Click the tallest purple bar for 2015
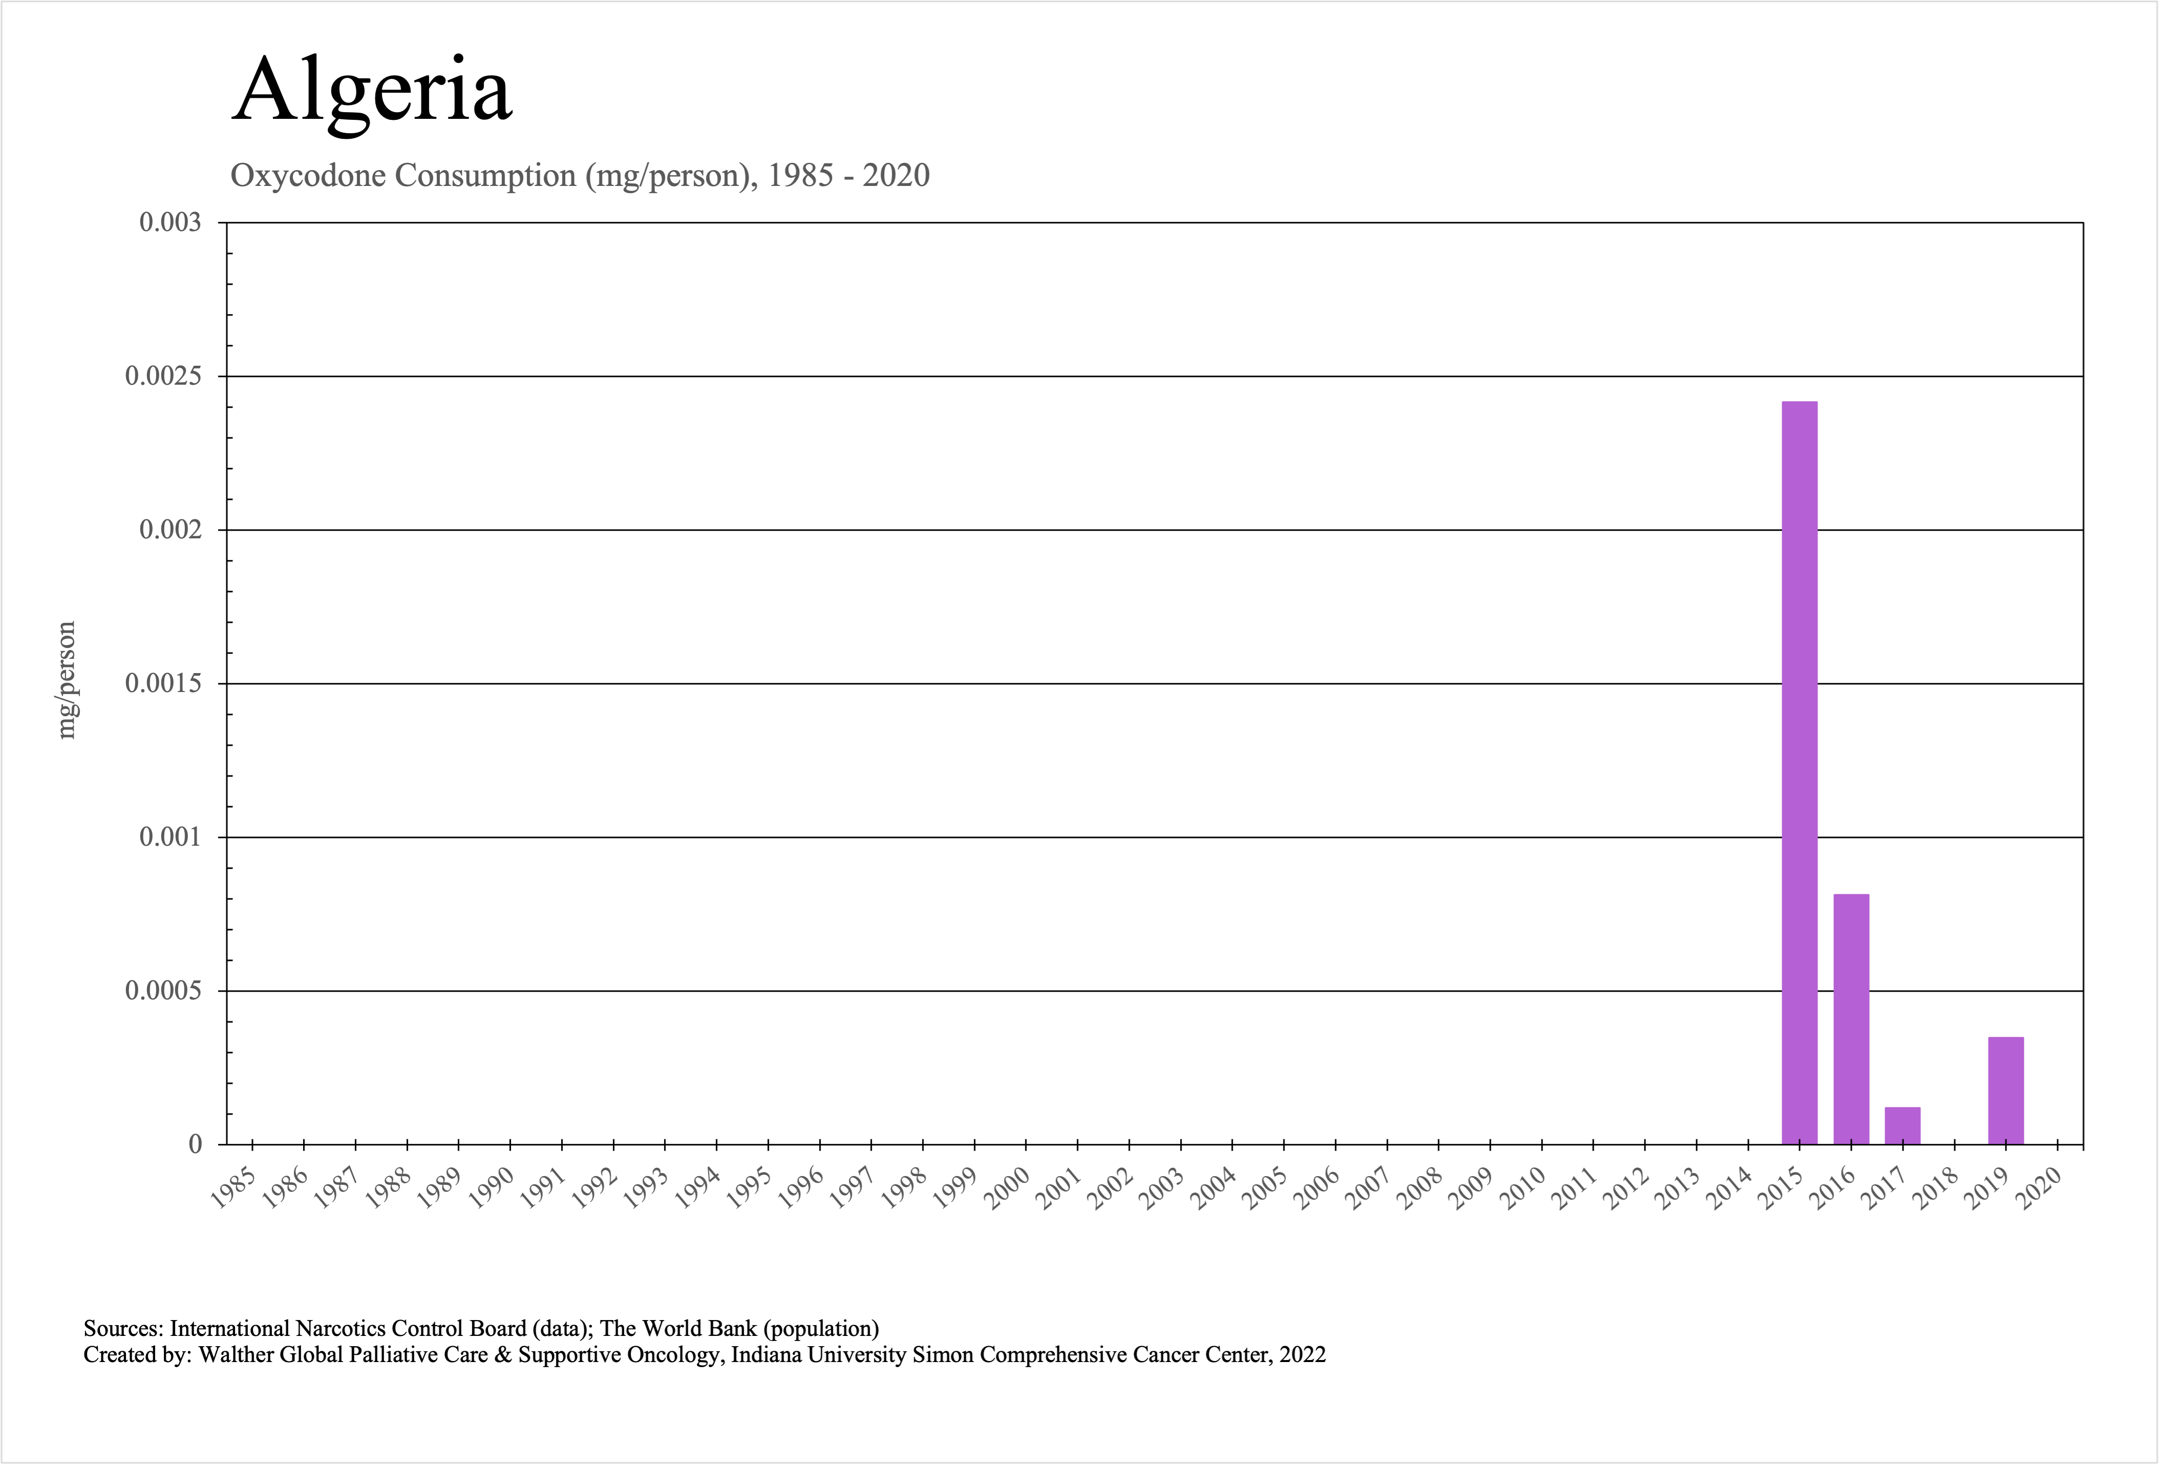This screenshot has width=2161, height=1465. [x=1799, y=772]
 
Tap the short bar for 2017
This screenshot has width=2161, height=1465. [x=1902, y=1125]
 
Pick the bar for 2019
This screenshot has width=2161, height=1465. [x=2006, y=1090]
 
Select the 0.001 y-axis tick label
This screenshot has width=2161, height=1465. [x=170, y=837]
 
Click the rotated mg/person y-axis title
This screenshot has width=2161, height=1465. [x=66, y=680]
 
